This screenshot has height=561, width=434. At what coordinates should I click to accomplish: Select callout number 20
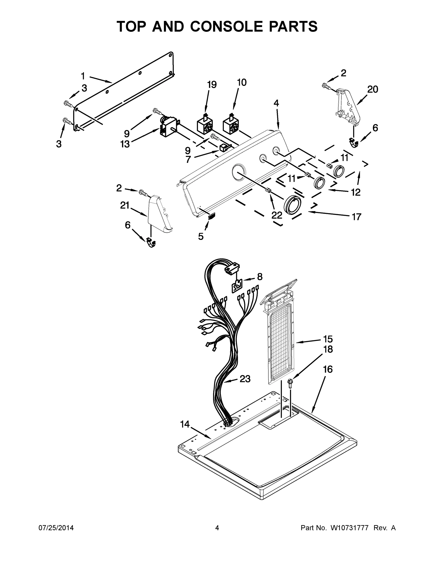(372, 90)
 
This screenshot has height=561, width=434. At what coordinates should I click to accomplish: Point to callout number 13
(125, 144)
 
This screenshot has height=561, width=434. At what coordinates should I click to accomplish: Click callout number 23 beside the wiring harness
(245, 379)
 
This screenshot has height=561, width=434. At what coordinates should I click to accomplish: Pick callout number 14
(185, 424)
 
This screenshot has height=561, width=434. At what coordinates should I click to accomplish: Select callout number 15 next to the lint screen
(328, 339)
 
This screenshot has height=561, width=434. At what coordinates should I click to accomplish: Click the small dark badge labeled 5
(211, 216)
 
